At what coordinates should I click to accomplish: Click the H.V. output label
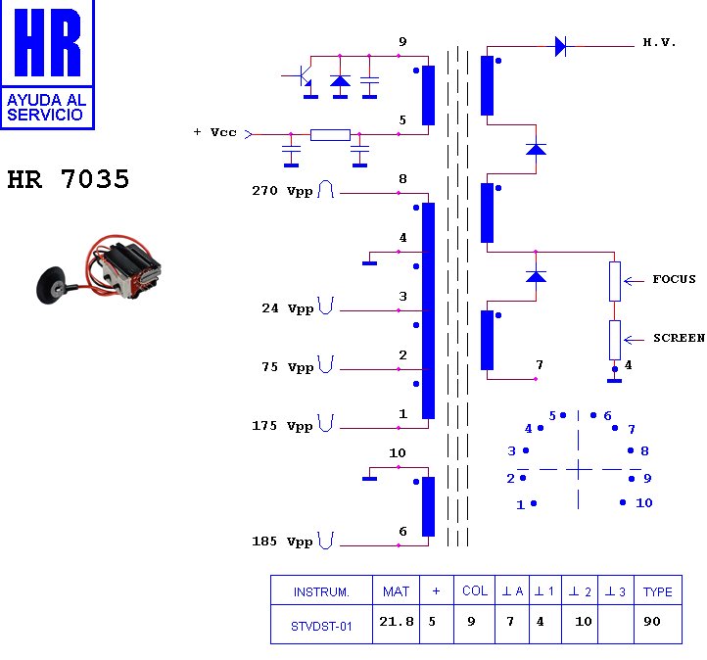(x=659, y=43)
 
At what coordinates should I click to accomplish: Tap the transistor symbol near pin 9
(x=303, y=75)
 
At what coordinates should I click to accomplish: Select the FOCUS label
(x=674, y=279)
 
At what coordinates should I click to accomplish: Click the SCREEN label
(x=679, y=338)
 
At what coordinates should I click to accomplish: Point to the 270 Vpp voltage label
(x=282, y=191)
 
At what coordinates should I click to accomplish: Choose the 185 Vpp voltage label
(x=282, y=542)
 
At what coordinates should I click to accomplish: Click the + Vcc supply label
(x=214, y=132)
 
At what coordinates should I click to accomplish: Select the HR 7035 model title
(x=69, y=179)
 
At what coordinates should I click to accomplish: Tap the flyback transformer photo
(x=99, y=269)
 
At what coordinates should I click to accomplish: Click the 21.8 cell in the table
(x=396, y=621)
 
